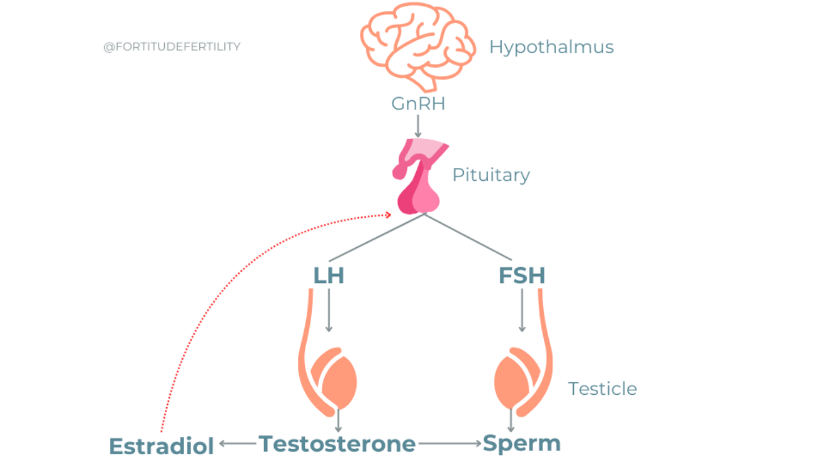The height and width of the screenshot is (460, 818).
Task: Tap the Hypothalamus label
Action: pos(552,47)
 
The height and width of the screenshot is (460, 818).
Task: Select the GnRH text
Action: pos(418,103)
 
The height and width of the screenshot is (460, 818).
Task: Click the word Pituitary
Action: pos(491,174)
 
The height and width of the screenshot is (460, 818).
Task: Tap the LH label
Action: pos(328,275)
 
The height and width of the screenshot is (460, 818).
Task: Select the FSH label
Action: pos(521,275)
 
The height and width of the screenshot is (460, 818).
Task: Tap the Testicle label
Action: pos(602,388)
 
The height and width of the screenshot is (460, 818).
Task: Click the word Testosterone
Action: pos(337,443)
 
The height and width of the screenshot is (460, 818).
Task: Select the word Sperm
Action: pos(521,443)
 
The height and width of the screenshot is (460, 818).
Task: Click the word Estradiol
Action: pos(161,445)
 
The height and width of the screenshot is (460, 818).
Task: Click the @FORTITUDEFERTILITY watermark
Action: pos(173,47)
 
